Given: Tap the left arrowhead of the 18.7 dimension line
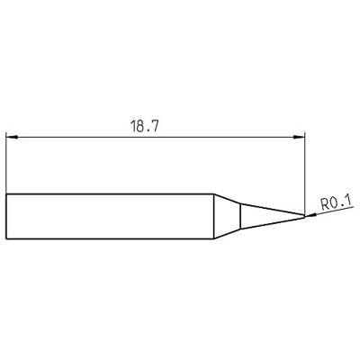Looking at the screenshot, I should [10, 138].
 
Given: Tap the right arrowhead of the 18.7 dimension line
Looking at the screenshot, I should [301, 138].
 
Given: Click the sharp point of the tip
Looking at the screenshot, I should [304, 217].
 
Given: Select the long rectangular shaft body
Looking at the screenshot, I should [108, 217].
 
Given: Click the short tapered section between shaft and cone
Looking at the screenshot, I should [226, 217].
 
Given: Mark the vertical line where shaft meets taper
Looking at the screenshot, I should [212, 217].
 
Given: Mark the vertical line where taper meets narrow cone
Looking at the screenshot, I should [239, 217].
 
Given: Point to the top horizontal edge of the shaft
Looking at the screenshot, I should [108, 195].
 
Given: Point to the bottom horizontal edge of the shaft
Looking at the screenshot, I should [108, 239].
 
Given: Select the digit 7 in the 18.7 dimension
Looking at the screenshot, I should [157, 128].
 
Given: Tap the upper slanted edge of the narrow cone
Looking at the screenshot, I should [270, 211].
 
